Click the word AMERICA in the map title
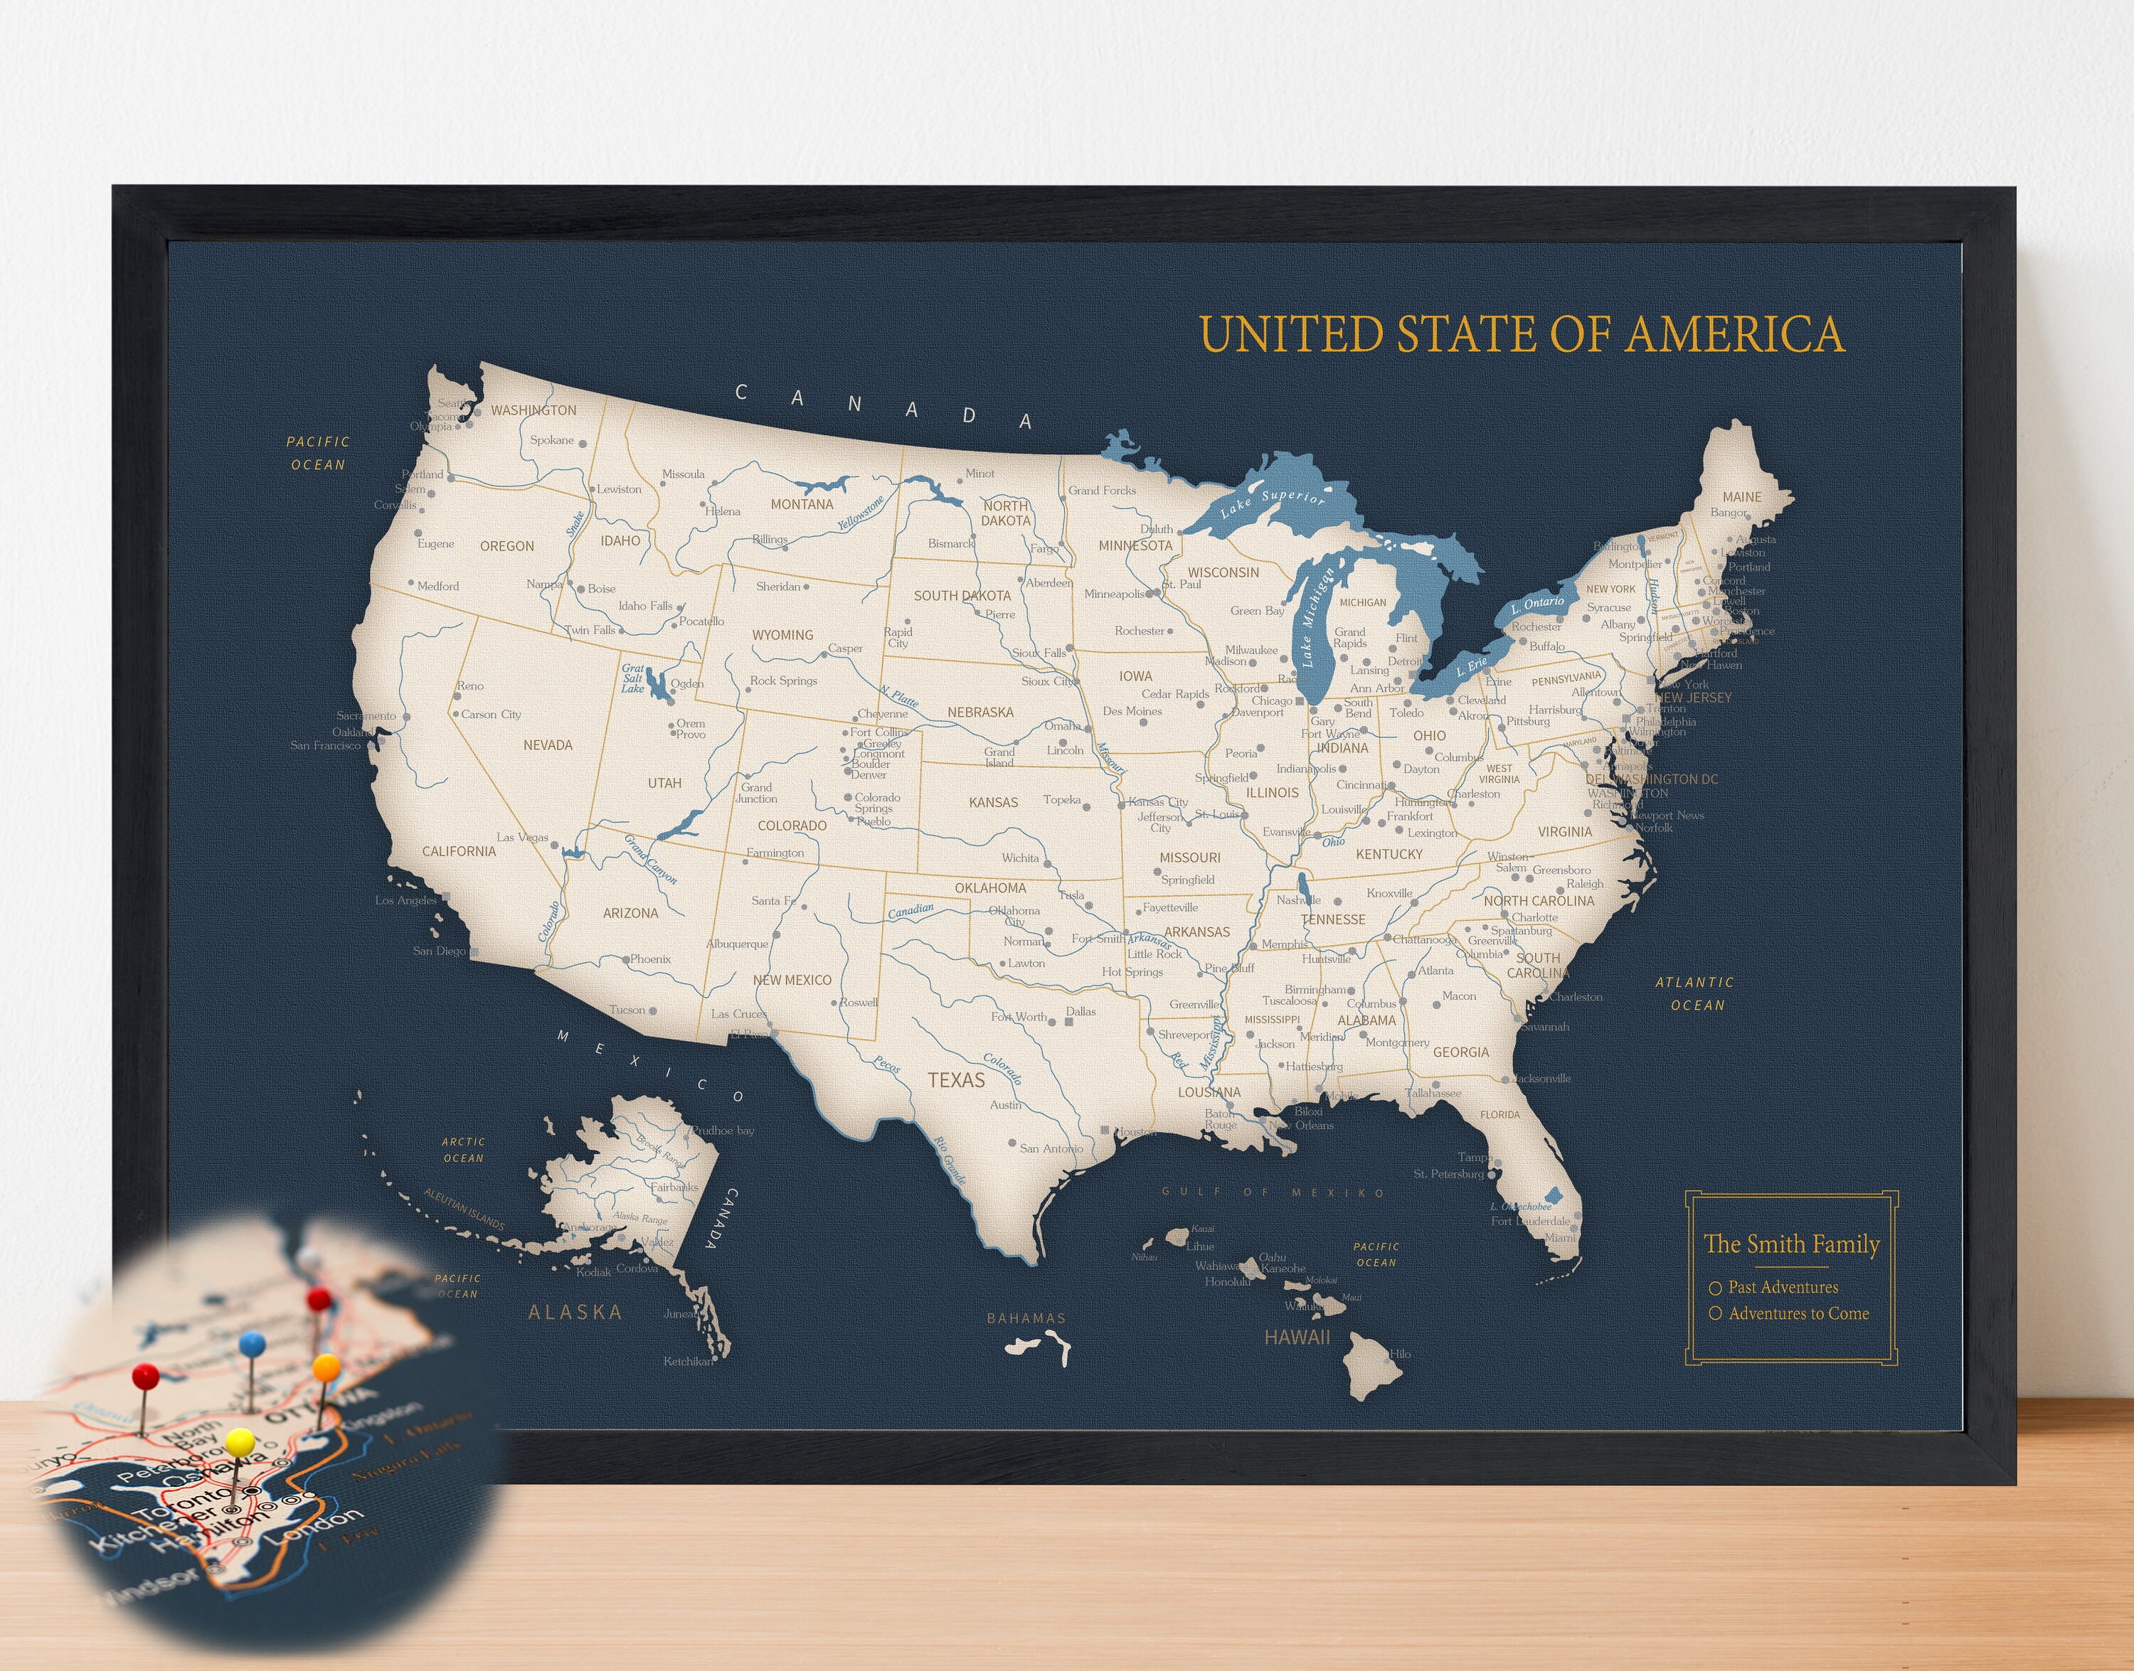(x=1735, y=335)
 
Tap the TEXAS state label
(x=956, y=1080)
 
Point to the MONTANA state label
(x=802, y=505)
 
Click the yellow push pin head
(x=240, y=1441)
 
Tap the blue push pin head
(x=252, y=1344)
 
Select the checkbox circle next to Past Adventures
(x=1715, y=1289)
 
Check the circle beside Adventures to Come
(x=1715, y=1314)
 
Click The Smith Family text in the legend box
(x=1792, y=1244)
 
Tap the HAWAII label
(x=1297, y=1338)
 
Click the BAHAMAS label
(x=1026, y=1319)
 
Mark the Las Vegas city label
(x=523, y=838)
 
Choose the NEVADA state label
(x=548, y=745)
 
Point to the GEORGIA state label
(x=1461, y=1052)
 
